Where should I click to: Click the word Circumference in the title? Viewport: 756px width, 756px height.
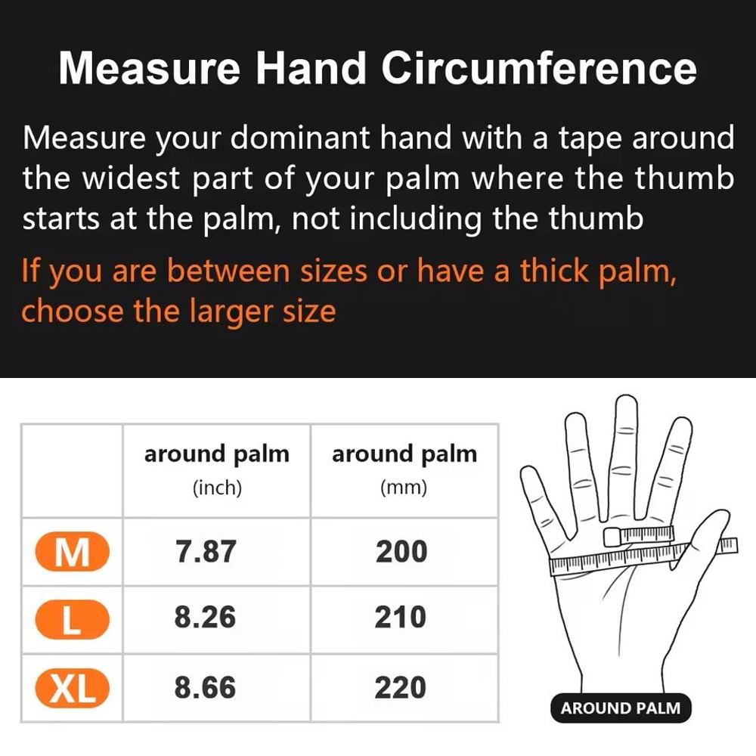tap(538, 69)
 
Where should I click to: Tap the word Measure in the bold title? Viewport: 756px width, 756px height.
tap(149, 69)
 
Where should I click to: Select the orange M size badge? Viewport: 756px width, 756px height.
tap(72, 553)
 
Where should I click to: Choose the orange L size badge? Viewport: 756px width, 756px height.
tap(72, 620)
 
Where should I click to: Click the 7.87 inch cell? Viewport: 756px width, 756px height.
tap(205, 553)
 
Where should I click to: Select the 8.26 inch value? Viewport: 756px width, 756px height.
tap(205, 618)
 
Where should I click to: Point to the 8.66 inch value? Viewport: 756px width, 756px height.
tap(205, 687)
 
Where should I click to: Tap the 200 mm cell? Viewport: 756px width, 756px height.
tap(401, 553)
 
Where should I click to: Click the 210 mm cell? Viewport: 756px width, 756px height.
tap(401, 618)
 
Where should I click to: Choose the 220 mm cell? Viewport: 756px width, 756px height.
tap(401, 687)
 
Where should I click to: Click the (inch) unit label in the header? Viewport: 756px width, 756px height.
tap(217, 488)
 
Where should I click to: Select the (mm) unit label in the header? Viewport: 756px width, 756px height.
tap(404, 488)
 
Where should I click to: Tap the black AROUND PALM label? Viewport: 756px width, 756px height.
tap(620, 708)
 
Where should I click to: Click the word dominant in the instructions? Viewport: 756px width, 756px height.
tap(299, 138)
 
